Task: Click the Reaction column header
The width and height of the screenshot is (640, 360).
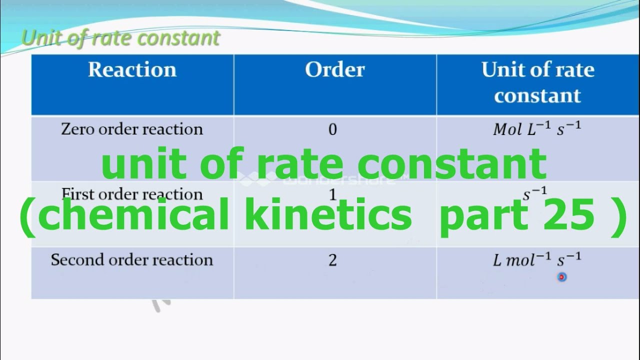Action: click(132, 70)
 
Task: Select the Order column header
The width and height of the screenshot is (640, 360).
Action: click(334, 70)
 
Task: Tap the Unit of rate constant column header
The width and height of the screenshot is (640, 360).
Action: click(537, 82)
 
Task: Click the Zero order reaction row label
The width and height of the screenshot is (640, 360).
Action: click(132, 129)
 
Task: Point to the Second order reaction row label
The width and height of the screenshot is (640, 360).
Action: click(132, 260)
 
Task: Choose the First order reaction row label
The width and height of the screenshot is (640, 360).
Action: click(132, 194)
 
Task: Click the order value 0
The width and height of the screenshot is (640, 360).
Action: click(333, 130)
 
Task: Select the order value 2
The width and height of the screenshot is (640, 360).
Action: click(333, 260)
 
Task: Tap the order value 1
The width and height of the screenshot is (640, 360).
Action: click(333, 194)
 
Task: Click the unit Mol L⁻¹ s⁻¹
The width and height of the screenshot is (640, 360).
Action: click(537, 129)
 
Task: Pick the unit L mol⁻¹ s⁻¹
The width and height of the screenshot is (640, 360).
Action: click(537, 260)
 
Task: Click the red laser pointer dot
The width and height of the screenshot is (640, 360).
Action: click(562, 276)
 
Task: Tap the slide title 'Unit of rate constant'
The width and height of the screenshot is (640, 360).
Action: click(121, 38)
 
